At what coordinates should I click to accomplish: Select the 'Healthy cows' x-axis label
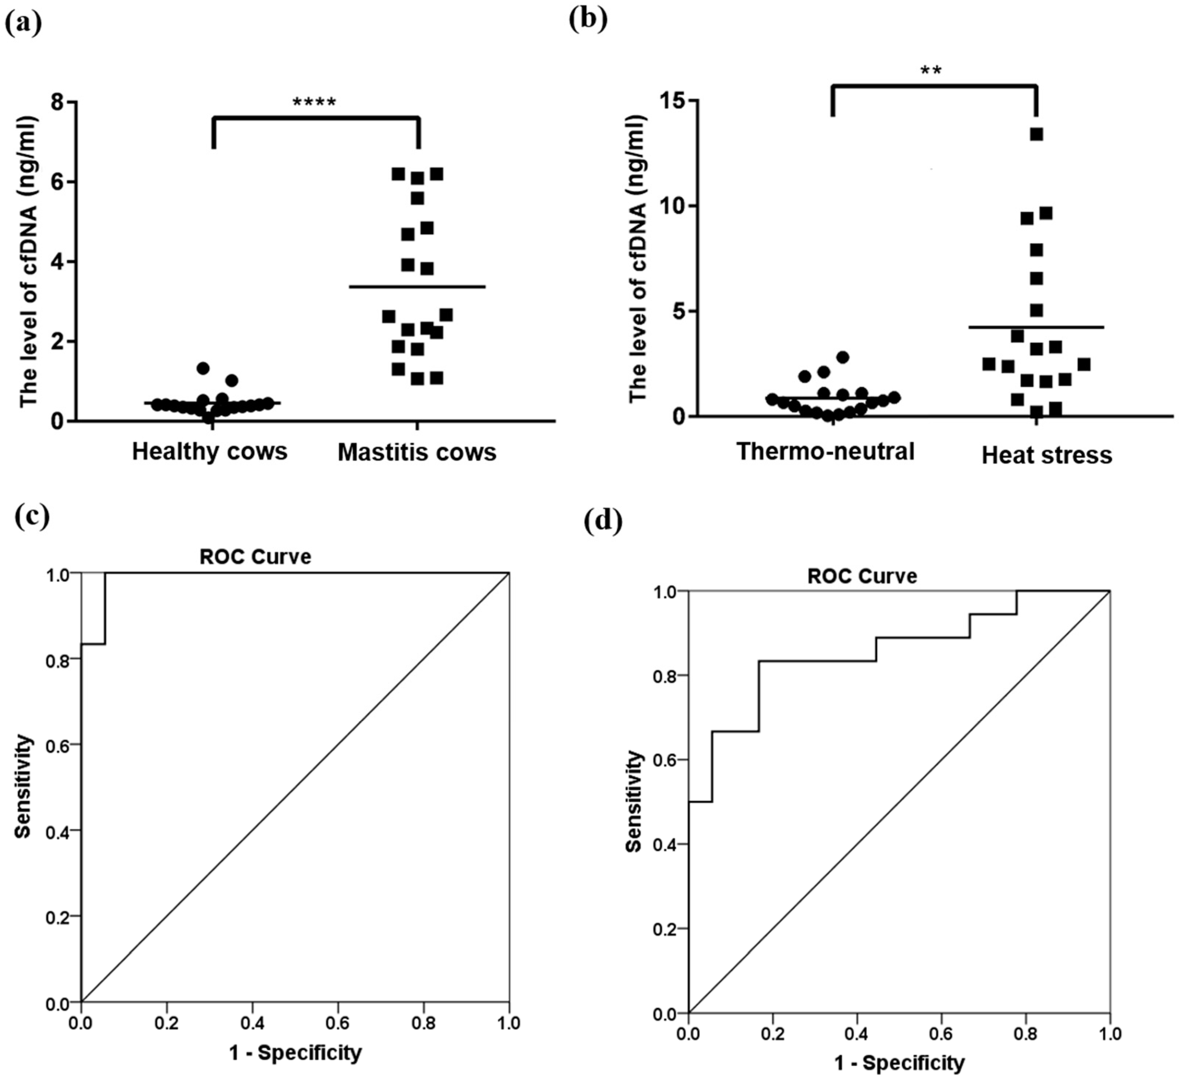pos(210,451)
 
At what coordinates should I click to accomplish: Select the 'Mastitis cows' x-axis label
pos(417,452)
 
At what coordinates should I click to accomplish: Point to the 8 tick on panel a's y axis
pos(57,102)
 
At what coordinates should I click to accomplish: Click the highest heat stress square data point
pos(1037,134)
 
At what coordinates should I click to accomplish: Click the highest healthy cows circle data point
pos(203,368)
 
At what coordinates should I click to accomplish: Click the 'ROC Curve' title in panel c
pos(256,556)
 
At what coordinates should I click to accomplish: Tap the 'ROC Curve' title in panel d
pos(862,576)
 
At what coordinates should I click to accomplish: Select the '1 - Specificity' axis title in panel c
pos(295,1053)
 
